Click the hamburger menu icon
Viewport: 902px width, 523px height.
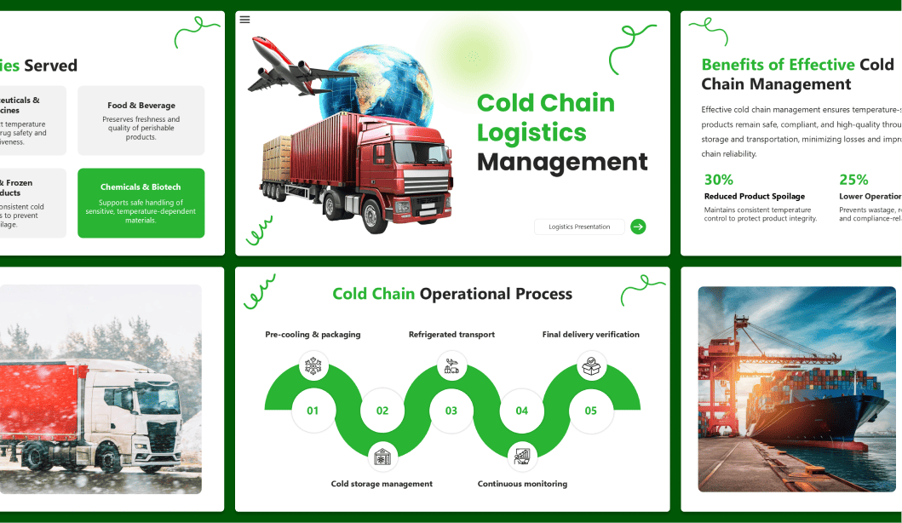click(245, 20)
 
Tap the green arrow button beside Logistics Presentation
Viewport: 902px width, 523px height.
click(638, 227)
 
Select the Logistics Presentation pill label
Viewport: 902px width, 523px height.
click(579, 227)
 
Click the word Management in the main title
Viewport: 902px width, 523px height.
click(562, 162)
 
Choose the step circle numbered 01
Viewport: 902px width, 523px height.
click(313, 411)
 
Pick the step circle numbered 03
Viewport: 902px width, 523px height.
click(451, 411)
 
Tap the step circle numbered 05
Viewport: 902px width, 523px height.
click(591, 411)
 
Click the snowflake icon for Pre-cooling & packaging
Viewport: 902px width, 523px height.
click(313, 367)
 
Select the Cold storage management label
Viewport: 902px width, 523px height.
click(382, 484)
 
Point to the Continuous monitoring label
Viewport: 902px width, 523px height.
click(522, 484)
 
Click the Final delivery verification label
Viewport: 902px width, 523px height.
click(590, 335)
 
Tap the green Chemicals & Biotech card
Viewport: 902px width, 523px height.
click(141, 203)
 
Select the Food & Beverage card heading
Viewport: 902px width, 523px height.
click(141, 106)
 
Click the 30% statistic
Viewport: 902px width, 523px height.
click(719, 180)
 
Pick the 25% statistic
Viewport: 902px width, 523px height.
click(853, 180)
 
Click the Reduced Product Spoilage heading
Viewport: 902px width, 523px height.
click(755, 197)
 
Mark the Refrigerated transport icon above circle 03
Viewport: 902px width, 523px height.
click(451, 367)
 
